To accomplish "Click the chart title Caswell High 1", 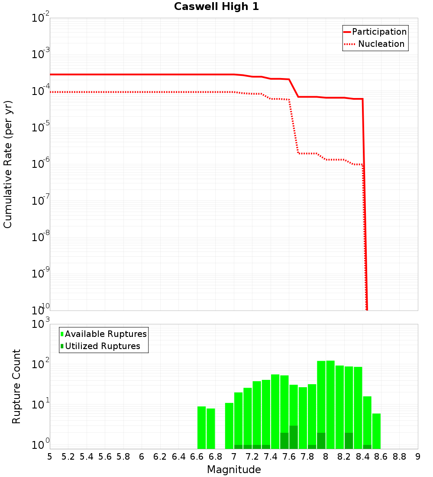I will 216,7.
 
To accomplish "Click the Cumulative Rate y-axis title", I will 8,164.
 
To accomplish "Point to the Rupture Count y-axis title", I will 16,386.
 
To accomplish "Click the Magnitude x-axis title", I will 234,470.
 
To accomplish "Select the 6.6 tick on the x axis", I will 197,457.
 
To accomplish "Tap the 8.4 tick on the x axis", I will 362,457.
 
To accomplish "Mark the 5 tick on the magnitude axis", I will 50,457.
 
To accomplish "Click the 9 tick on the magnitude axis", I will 418,457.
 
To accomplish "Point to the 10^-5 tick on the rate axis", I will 40,128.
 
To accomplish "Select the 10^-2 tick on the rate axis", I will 40,19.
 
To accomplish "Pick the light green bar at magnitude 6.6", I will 201,427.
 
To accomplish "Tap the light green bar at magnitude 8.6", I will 376,431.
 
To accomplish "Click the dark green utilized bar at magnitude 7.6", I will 294,437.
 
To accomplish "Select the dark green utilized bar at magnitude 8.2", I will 349,441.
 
